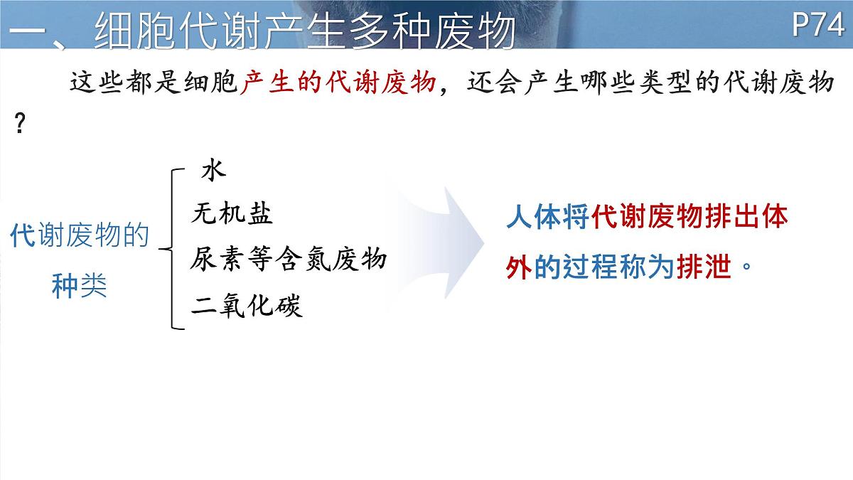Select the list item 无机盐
coord(232,213)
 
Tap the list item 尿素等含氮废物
coord(288,259)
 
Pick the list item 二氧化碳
coord(247,305)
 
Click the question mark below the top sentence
coord(20,126)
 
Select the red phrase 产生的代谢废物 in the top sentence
coord(338,83)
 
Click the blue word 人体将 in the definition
coord(548,218)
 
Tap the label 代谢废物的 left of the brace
coord(79,235)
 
